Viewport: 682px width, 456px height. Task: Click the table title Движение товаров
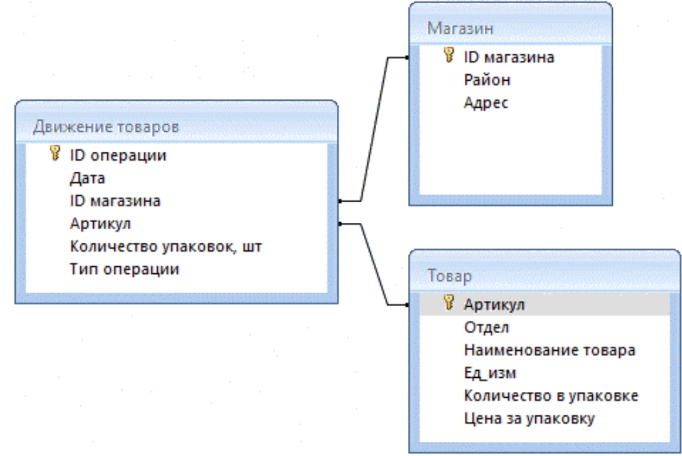point(105,127)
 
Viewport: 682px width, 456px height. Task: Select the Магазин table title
point(460,28)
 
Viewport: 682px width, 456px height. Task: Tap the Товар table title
point(449,276)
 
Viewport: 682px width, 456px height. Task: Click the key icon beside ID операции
point(55,153)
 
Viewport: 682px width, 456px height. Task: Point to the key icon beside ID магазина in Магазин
point(449,55)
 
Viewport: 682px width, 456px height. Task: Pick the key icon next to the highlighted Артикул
point(449,302)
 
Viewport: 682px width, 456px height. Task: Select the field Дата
point(87,179)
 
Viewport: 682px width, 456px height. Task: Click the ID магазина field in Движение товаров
point(115,201)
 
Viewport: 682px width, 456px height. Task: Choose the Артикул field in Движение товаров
point(100,224)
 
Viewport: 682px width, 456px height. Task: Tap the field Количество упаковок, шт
point(165,247)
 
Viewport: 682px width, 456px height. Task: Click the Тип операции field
point(124,269)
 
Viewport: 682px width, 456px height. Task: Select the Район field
point(487,80)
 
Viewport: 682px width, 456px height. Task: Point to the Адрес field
point(486,103)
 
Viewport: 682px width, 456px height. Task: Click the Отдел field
point(486,327)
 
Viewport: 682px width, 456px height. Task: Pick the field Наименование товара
point(549,350)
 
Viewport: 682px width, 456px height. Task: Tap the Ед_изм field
point(490,373)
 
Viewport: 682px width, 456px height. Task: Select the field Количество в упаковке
point(551,395)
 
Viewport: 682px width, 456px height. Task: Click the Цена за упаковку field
point(529,419)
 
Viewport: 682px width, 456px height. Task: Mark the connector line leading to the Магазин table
point(374,129)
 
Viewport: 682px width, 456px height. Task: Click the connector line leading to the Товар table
point(374,264)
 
